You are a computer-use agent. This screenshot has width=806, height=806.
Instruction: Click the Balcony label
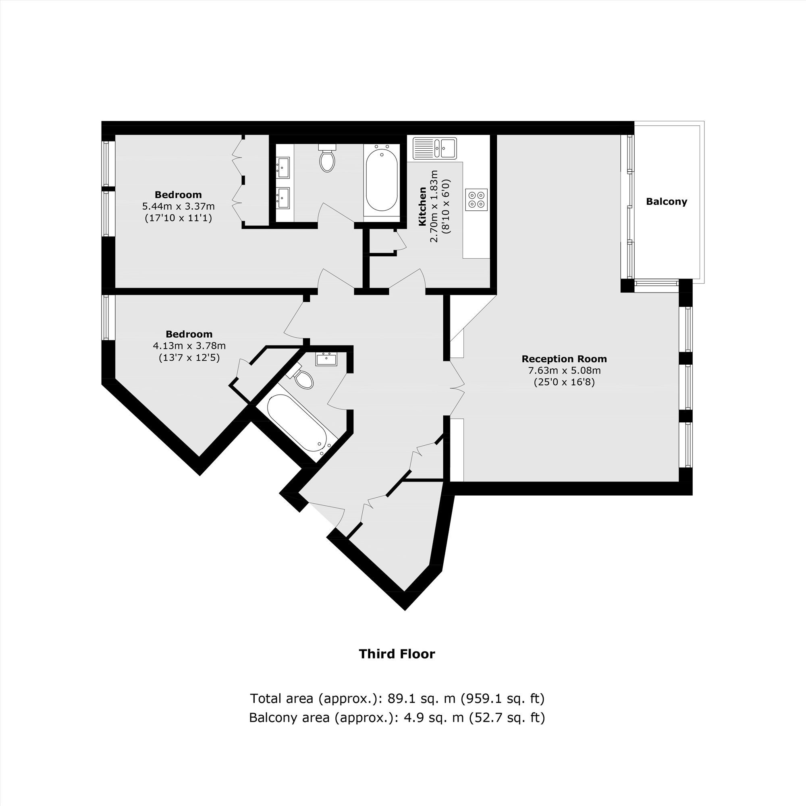pos(666,201)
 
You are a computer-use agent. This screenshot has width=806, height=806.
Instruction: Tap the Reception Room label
pos(564,359)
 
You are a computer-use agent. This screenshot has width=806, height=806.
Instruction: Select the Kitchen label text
pos(422,206)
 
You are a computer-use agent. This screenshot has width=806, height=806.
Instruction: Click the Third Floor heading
pos(397,654)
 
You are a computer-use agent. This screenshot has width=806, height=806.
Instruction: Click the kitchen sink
pos(435,148)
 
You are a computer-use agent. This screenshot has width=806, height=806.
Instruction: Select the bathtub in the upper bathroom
pos(381,180)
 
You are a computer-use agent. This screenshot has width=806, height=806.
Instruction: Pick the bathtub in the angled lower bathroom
pos(297,424)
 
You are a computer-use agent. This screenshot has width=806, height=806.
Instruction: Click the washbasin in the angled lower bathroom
pos(326,359)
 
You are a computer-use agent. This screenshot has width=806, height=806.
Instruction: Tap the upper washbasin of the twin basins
pos(283,167)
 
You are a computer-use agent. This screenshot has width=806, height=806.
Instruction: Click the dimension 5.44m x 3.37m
pos(179,206)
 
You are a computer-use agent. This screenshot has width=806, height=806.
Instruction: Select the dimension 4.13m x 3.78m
pos(189,345)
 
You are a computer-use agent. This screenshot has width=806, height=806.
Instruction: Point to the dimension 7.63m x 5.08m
pos(564,370)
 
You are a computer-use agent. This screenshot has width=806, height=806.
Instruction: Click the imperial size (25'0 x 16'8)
pos(564,382)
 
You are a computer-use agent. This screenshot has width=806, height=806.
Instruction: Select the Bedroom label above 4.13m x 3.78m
pos(189,334)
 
